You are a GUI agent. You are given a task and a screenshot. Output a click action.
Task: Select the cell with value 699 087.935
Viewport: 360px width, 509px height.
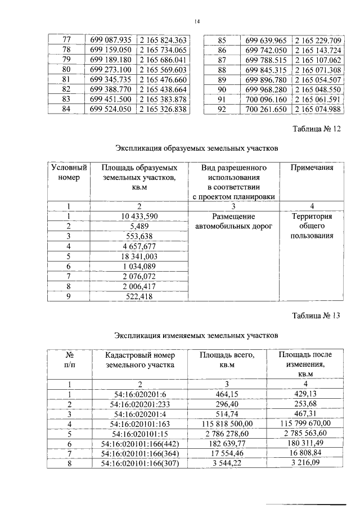tap(111, 40)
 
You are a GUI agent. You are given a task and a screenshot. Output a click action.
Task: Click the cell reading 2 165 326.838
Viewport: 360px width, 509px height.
tap(162, 109)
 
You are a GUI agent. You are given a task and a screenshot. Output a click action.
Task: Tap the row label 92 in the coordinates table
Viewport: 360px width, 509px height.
tap(222, 109)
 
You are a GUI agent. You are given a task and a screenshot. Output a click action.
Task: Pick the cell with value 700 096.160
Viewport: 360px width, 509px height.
tap(267, 99)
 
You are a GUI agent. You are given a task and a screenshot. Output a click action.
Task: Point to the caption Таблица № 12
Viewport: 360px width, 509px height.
tap(317, 129)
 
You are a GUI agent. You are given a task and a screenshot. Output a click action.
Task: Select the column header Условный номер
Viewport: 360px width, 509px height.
tap(69, 173)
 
